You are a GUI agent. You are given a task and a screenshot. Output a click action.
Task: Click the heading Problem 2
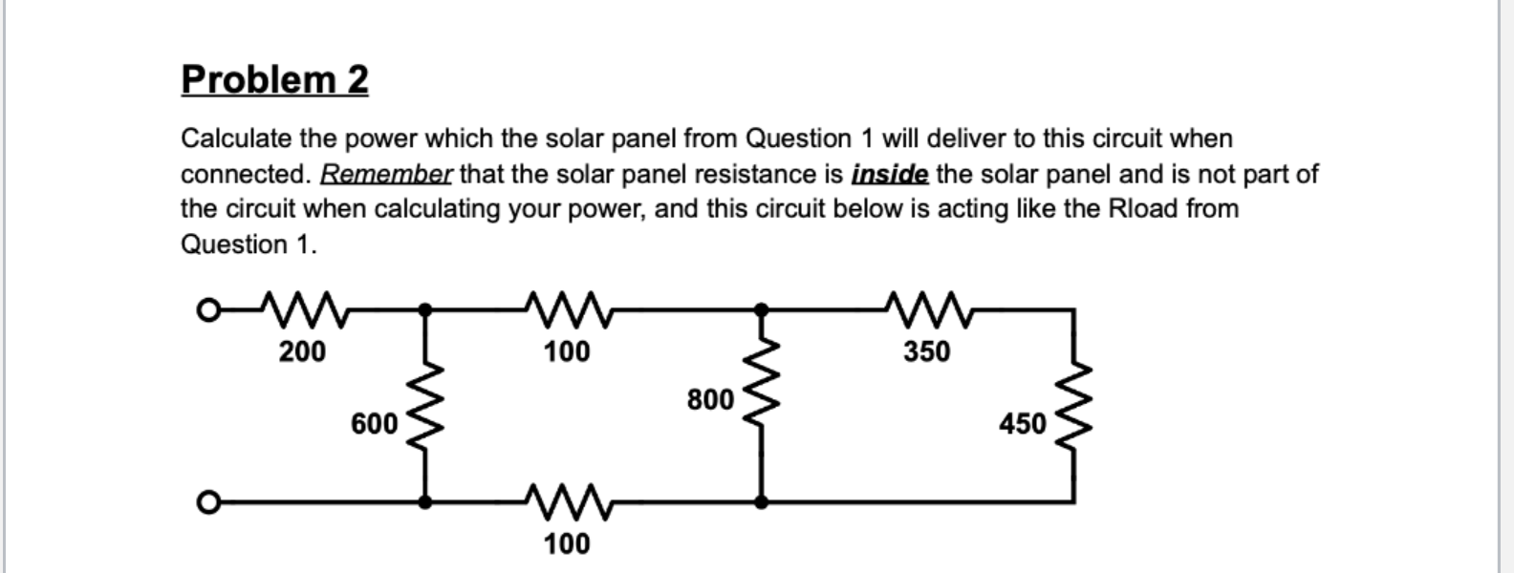[x=274, y=79]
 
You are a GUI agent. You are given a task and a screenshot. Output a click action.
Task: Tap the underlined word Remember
[x=386, y=174]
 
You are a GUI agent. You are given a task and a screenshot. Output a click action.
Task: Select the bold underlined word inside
[x=889, y=174]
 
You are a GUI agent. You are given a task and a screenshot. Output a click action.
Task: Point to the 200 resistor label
[x=302, y=352]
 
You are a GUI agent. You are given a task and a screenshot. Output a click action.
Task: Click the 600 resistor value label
[x=375, y=423]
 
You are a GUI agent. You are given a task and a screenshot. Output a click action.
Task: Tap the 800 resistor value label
[x=710, y=399]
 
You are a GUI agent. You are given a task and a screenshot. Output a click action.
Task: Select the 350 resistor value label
[x=927, y=352]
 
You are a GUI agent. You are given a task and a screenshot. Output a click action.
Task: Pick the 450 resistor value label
[x=1023, y=423]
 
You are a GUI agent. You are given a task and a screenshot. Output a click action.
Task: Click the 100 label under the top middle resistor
[x=567, y=352]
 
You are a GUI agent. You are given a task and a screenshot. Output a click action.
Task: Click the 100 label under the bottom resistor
[x=567, y=544]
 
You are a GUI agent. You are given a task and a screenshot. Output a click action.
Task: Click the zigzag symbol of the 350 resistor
[x=927, y=308]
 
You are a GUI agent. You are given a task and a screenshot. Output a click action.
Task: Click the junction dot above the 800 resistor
[x=762, y=309]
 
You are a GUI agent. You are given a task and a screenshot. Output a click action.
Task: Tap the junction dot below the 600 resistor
[x=426, y=500]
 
